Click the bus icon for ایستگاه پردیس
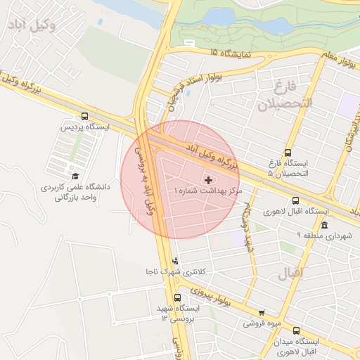tap(85, 116)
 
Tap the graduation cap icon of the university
tap(75, 176)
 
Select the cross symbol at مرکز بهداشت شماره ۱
tap(207, 180)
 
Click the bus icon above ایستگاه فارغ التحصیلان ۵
tap(288, 153)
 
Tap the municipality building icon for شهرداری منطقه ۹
tap(324, 225)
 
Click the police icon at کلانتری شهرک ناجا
tap(175, 262)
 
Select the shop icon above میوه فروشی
tap(262, 313)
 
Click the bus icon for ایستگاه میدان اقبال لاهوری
tap(295, 330)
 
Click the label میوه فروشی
tap(261, 323)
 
